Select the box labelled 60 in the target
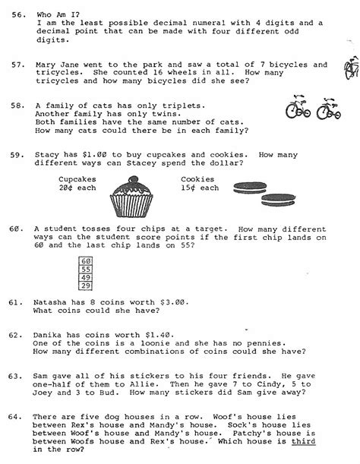coord(85,260)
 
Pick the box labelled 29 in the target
coord(85,285)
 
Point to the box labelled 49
coord(85,276)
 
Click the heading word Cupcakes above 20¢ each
coord(76,179)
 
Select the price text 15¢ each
coord(200,188)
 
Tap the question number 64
coord(14,415)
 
